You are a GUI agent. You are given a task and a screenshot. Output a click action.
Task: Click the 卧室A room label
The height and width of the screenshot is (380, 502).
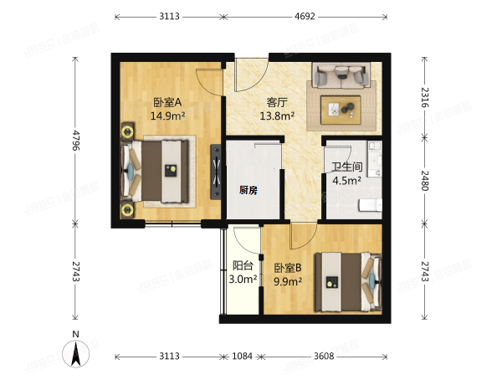pos(167,104)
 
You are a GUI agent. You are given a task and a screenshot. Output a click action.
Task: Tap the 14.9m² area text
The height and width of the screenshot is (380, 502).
pos(167,117)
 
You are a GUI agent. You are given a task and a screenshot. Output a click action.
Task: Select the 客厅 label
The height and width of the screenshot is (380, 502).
pos(276,104)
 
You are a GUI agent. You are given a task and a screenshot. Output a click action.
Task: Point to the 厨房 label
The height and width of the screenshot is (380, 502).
pos(248,190)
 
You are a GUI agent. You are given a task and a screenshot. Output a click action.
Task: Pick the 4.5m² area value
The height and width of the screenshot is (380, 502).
pos(346,180)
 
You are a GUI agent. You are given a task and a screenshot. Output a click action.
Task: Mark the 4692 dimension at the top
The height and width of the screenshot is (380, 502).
pos(305,15)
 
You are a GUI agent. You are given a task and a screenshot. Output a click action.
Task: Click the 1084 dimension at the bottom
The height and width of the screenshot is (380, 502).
pos(242,357)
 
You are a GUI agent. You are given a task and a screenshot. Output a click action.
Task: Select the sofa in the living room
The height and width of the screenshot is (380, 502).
pos(341,76)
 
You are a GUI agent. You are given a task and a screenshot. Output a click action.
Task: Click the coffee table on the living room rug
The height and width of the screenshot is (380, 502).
pos(341,108)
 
